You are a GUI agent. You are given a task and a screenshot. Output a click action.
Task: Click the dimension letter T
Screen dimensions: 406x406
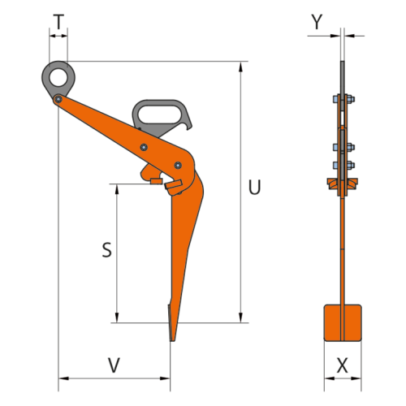[x=58, y=22]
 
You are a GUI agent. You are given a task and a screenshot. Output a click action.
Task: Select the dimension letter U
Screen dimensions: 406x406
[x=254, y=188]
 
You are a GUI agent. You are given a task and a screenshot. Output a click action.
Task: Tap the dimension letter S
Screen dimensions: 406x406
[x=107, y=250]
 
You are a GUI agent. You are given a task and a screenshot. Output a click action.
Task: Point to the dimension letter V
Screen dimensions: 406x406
[x=114, y=365]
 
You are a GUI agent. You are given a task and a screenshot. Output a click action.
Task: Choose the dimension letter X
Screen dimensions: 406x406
[x=343, y=365]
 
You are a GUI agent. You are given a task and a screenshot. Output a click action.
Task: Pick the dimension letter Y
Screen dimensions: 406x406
[x=317, y=22]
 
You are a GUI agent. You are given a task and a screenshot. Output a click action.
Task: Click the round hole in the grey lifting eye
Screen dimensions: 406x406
[x=58, y=77]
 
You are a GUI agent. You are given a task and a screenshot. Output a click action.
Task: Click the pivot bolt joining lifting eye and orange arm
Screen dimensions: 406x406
[x=58, y=100]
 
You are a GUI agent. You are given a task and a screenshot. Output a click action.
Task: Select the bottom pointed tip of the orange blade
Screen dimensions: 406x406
[x=172, y=341]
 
